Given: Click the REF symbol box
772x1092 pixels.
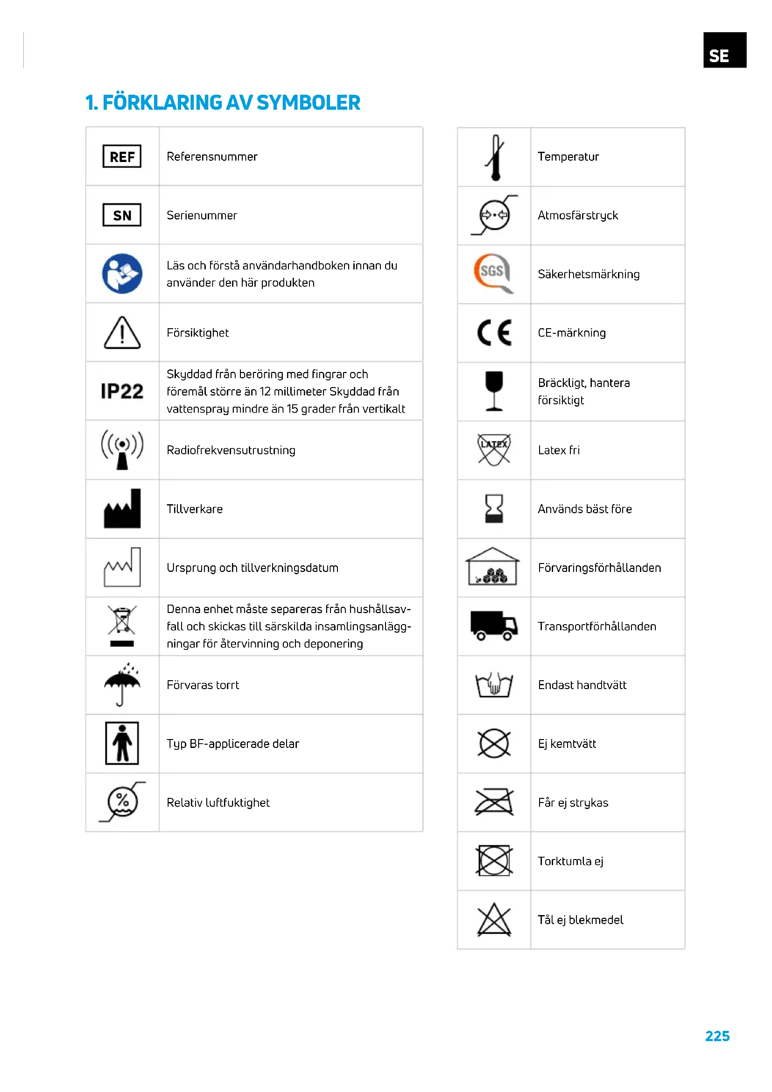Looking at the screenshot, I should point(122,156).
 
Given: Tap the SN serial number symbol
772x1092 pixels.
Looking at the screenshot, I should point(122,215).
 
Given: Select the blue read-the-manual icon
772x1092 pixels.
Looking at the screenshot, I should point(122,274).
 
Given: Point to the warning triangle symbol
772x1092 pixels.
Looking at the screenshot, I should point(122,333).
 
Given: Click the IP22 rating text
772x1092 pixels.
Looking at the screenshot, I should point(122,391).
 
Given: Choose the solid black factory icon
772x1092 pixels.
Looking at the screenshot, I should point(122,509).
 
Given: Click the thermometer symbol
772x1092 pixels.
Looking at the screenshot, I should point(495,157).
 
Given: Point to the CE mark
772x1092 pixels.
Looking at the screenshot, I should point(494,332).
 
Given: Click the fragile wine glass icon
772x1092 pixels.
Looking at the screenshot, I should point(494,391).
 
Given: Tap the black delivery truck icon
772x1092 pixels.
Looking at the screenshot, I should point(494,626).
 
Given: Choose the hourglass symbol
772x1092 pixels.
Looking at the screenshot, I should point(494,508).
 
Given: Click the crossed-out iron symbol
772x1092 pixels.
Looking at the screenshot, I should point(494,802).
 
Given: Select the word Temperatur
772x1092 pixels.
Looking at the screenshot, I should point(568,157).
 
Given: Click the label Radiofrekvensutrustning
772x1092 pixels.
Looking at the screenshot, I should point(231,451).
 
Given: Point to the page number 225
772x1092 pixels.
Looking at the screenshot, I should point(717,1036).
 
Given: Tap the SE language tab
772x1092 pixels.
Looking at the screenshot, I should point(724,50).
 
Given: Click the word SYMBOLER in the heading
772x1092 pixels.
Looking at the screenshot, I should point(309,103).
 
